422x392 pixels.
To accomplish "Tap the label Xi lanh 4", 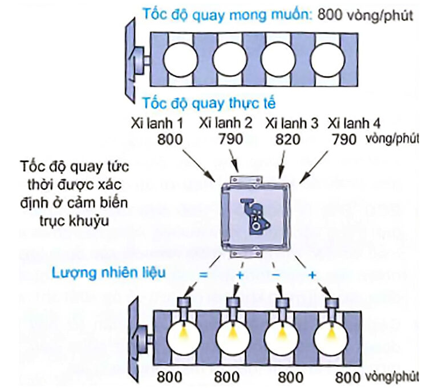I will pyautogui.click(x=354, y=123).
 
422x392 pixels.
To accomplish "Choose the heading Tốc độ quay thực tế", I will pyautogui.click(x=209, y=104).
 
